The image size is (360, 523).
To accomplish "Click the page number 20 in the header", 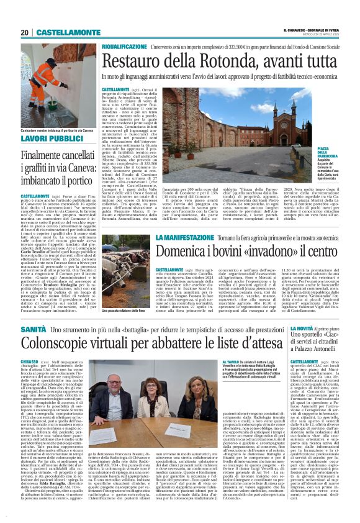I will tap(25, 32).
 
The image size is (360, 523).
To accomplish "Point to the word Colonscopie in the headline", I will tap(65, 344).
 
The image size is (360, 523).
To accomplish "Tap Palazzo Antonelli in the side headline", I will tap(323, 352).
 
